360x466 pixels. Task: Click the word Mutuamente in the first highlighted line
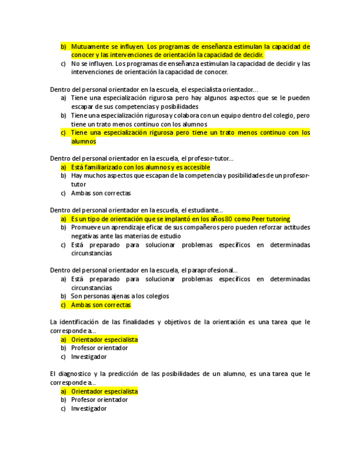pos(90,47)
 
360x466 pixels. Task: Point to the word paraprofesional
pos(212,270)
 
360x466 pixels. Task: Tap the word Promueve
pos(86,228)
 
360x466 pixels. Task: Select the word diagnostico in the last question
pos(79,374)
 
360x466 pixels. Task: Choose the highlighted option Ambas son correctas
pos(101,305)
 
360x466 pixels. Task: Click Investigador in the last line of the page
pos(88,408)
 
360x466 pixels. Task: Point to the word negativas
pos(86,236)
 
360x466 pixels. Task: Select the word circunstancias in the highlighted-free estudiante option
pos(91,253)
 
